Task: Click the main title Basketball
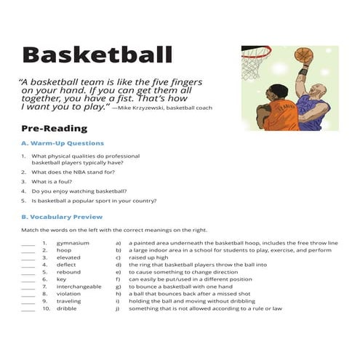pyautogui.click(x=97, y=55)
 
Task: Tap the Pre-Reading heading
pyautogui.click(x=54, y=129)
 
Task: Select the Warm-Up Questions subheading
pyautogui.click(x=63, y=143)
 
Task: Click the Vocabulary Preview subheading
pyautogui.click(x=62, y=217)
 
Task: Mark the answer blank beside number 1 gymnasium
pyautogui.click(x=28, y=243)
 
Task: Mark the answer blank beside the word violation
pyautogui.click(x=28, y=294)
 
